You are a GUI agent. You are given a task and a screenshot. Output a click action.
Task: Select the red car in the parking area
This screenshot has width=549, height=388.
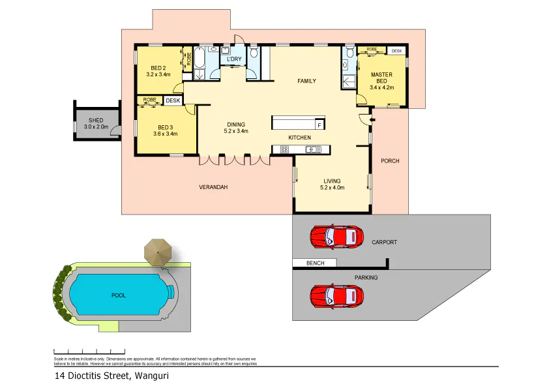(x=336, y=295)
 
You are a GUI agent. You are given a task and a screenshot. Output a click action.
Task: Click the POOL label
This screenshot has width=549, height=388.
(x=118, y=295)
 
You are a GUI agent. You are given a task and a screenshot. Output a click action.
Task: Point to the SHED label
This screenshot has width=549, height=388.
(x=96, y=120)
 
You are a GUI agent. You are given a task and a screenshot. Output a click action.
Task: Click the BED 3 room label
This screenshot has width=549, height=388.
(x=165, y=127)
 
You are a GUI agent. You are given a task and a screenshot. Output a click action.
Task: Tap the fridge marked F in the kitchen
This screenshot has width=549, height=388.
(x=319, y=124)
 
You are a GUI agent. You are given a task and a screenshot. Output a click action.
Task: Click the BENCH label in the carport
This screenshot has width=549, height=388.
(x=314, y=263)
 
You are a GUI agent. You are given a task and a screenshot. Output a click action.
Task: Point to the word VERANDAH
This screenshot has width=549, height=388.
(x=213, y=188)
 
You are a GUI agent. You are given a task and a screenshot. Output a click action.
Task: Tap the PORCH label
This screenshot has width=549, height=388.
(x=390, y=161)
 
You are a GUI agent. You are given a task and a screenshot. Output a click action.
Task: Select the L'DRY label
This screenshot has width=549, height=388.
(x=234, y=60)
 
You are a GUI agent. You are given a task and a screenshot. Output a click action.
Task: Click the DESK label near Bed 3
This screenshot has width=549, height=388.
(x=173, y=100)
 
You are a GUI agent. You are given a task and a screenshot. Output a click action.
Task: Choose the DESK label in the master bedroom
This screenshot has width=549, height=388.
(x=396, y=50)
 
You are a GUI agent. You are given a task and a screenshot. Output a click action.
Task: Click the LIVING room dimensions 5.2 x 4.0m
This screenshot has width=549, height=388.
(x=332, y=188)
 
